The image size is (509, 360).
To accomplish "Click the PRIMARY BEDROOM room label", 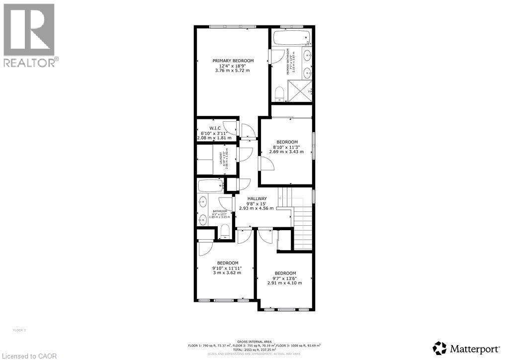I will click(233, 61).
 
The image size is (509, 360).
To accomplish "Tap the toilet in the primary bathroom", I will click(279, 93).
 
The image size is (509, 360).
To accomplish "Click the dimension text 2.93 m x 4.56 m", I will click(256, 208).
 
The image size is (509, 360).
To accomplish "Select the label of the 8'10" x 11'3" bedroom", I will click(287, 142).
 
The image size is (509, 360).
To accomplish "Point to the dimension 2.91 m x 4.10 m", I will click(285, 283).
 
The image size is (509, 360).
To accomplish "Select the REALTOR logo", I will click(30, 35).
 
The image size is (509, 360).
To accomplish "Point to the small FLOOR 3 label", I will click(18, 330).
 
